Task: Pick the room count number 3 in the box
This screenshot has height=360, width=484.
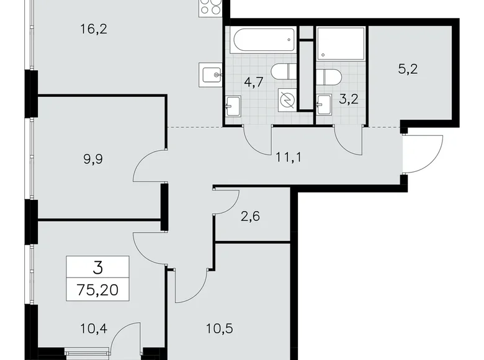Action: tap(98, 268)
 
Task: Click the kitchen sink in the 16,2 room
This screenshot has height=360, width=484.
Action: tap(211, 74)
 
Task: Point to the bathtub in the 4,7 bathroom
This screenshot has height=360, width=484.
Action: tap(261, 40)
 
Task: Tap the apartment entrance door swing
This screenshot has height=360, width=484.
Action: tap(423, 154)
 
